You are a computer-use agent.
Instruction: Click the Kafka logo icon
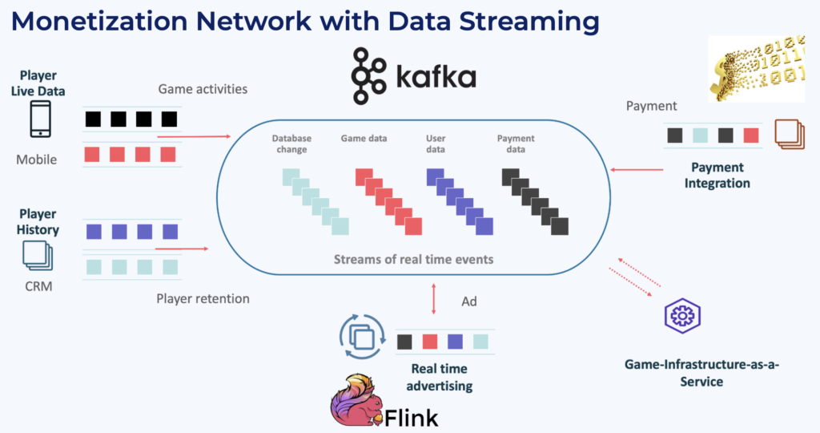point(368,75)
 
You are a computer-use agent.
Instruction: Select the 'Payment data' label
point(516,144)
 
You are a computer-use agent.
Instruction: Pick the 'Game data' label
point(364,139)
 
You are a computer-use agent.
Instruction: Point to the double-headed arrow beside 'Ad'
point(433,298)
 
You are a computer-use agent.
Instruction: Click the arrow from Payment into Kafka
point(637,170)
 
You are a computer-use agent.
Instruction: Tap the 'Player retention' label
point(203,298)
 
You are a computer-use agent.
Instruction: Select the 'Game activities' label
point(203,89)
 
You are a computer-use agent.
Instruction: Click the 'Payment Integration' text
point(717,175)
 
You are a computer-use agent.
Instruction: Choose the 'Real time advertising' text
point(440,377)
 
